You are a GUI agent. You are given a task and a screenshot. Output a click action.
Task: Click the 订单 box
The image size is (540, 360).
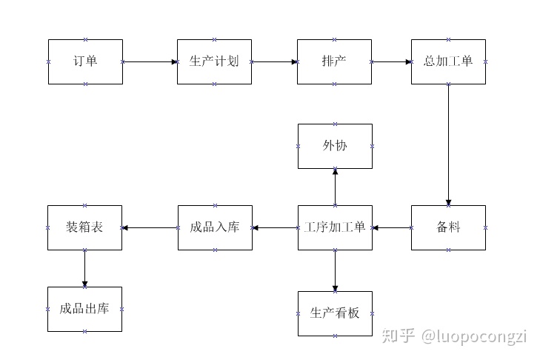coord(85,61)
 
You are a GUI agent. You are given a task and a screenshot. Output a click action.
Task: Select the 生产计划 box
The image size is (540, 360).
coord(214,61)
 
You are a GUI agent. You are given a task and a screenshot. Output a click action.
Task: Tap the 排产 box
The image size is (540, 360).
coord(335,61)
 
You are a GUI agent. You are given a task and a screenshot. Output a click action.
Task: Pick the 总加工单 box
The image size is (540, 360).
coord(448,61)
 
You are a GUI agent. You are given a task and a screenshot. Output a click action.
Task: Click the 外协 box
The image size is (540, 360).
coord(335,146)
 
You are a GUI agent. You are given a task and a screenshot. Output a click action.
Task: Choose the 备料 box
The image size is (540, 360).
coord(448,227)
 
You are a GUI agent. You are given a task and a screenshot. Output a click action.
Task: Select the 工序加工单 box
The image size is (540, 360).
coord(335,227)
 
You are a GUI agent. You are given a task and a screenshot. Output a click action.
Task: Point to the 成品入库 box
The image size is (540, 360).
coord(214,227)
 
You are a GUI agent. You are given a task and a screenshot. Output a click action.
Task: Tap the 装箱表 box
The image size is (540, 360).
coord(84,227)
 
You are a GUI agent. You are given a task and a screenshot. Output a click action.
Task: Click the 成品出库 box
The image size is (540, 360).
coord(84,309)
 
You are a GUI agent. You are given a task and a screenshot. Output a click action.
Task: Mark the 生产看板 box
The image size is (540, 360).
coord(335,313)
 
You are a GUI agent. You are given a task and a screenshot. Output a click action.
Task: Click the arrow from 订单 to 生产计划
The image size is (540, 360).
coord(150,61)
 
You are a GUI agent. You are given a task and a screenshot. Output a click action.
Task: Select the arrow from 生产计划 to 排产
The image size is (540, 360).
coord(274,61)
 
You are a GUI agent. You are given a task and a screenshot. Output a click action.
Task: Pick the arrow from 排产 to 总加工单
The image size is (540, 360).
coord(391,61)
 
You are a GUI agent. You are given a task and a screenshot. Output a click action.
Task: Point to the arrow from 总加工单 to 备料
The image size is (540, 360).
coord(448,144)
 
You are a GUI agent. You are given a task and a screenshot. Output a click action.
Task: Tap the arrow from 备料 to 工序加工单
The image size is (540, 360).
coord(391,227)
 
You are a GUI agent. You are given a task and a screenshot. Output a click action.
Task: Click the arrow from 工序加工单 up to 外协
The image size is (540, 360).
coord(335,187)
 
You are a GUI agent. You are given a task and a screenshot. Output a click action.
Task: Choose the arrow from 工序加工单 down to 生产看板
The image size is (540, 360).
coord(335,270)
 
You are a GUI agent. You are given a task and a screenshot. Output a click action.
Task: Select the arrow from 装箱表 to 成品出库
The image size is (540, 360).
coord(84,268)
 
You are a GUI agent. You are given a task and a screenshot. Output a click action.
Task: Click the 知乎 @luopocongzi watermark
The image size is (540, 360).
coord(453,336)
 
